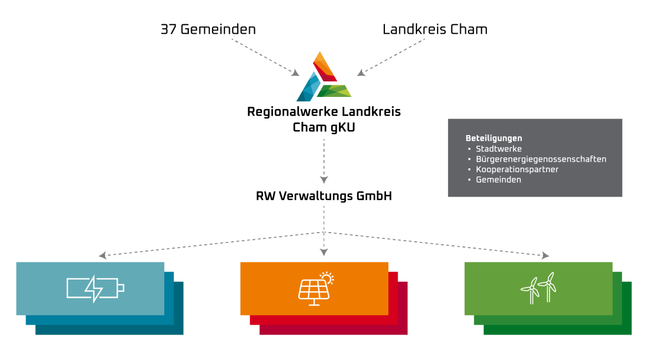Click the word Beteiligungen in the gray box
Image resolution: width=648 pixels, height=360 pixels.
click(493, 138)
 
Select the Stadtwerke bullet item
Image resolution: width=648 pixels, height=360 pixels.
click(498, 149)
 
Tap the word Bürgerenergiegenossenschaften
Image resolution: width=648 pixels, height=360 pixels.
click(541, 160)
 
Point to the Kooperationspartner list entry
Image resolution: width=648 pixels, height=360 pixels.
click(517, 169)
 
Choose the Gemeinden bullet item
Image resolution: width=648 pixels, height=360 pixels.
click(498, 180)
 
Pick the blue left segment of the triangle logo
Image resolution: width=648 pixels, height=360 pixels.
click(308, 88)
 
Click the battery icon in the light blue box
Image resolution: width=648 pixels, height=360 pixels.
click(95, 289)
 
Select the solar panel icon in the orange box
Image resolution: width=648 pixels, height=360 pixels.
click(315, 290)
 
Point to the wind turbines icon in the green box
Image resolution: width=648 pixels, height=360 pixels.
click(538, 288)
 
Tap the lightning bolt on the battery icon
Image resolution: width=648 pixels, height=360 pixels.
click(94, 289)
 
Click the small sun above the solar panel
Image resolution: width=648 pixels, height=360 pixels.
click(327, 277)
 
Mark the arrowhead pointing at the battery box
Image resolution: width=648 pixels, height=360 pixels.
click(102, 255)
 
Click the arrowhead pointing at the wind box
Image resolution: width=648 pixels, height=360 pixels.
click(546, 255)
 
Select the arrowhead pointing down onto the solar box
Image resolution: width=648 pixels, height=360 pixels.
click(324, 253)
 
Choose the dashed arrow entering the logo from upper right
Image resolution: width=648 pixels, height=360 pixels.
click(391, 56)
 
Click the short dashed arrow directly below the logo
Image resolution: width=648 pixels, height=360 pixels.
click(324, 161)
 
